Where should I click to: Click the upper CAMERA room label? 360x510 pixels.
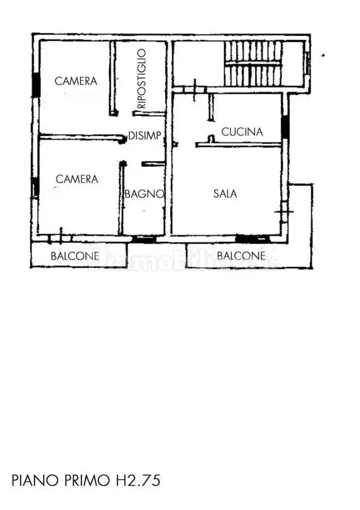pyautogui.click(x=76, y=81)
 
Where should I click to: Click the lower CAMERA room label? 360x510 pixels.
pyautogui.click(x=77, y=179)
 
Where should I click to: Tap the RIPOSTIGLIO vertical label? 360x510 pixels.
pyautogui.click(x=141, y=79)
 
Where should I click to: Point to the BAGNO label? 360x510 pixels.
pyautogui.click(x=144, y=194)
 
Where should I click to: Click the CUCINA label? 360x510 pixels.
pyautogui.click(x=242, y=132)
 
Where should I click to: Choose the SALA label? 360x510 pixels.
pyautogui.click(x=225, y=194)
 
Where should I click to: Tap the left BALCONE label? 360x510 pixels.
pyautogui.click(x=75, y=256)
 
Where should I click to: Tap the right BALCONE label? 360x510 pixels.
pyautogui.click(x=241, y=256)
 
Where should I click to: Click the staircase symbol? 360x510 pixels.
pyautogui.click(x=252, y=64)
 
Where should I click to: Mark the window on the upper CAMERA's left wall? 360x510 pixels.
pyautogui.click(x=36, y=85)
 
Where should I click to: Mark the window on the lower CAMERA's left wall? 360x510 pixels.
pyautogui.click(x=35, y=187)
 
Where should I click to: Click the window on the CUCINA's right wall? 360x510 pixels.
pyautogui.click(x=286, y=127)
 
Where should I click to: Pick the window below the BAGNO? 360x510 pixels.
pyautogui.click(x=144, y=239)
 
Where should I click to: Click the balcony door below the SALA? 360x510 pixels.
pyautogui.click(x=252, y=238)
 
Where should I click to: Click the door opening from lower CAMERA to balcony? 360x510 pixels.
pyautogui.click(x=60, y=238)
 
